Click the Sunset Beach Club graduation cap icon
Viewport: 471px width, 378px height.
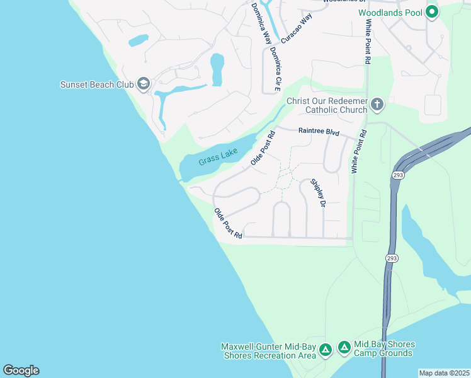[144, 84]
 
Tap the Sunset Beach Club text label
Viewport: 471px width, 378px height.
[97, 84]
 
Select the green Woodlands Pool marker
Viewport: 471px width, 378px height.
[432, 12]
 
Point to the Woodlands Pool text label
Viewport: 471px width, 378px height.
[390, 13]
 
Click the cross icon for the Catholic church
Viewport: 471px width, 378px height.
[377, 105]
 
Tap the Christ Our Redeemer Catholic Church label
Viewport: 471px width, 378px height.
[327, 105]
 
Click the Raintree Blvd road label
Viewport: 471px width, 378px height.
[319, 132]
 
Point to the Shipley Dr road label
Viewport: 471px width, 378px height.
[318, 193]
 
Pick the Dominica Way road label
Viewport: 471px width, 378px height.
[258, 22]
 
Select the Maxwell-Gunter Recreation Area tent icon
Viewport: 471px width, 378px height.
[325, 350]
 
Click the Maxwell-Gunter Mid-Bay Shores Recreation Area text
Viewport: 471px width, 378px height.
[268, 351]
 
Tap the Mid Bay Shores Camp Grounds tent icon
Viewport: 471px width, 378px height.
[344, 347]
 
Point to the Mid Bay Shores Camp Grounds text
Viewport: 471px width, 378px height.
[384, 348]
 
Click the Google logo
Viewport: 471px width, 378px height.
[21, 370]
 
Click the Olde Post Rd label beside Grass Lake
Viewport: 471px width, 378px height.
[263, 148]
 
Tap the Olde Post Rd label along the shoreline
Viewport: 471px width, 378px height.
[227, 224]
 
